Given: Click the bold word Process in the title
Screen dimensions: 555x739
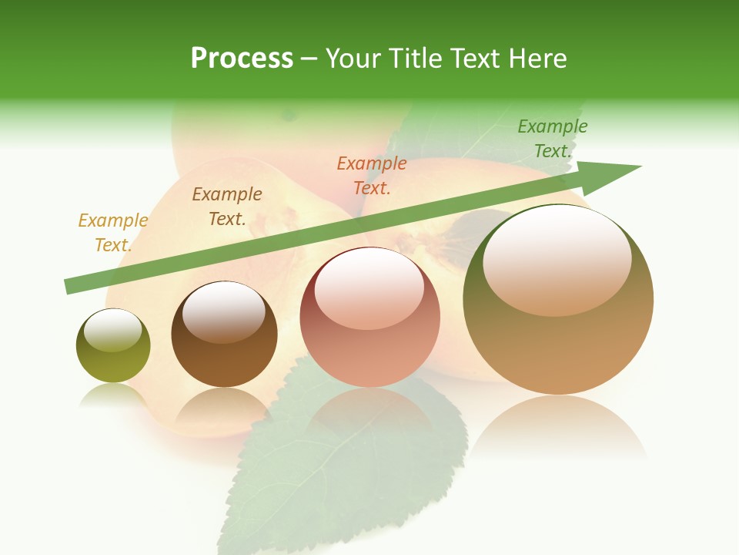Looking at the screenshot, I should (x=242, y=59).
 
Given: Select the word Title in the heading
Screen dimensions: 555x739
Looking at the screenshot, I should (x=415, y=59).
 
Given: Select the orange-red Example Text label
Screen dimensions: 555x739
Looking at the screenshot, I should (x=372, y=175).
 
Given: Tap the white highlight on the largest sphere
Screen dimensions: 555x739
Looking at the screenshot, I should (x=557, y=258).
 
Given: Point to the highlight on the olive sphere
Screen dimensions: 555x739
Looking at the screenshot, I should (x=113, y=330).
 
